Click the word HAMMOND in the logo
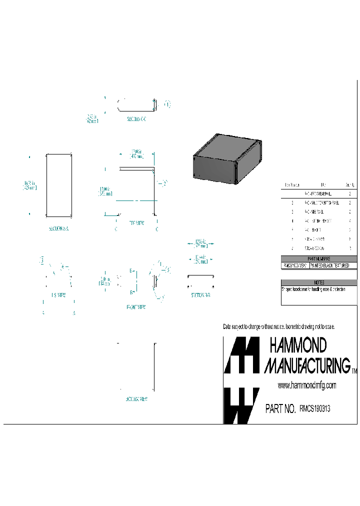click(x=298, y=345)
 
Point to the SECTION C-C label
click(x=136, y=119)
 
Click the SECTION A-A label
click(x=59, y=228)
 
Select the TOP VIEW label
click(x=136, y=223)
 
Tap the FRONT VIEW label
click(x=136, y=307)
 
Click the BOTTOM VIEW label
click(x=136, y=399)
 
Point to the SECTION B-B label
click(x=200, y=295)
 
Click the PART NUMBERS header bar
click(x=319, y=258)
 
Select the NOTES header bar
click(x=319, y=282)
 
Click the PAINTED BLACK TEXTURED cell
click(x=333, y=265)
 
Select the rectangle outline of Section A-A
click(x=59, y=185)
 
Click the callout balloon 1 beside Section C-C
click(x=167, y=104)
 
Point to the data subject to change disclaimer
click(x=278, y=326)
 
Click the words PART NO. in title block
click(x=280, y=409)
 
